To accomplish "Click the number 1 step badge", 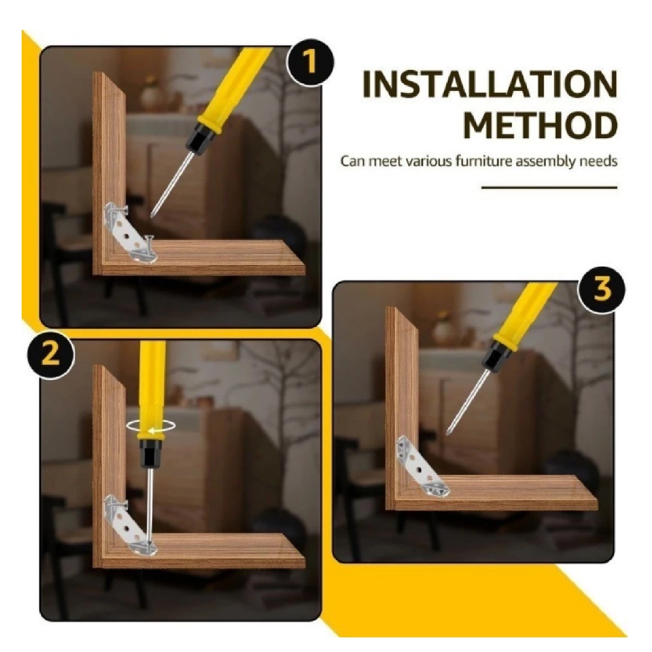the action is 310,62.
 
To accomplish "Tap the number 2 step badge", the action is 51,355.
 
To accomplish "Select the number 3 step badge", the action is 601,290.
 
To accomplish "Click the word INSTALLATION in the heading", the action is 490,85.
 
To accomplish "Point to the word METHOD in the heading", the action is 541,125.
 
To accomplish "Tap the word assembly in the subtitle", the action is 546,162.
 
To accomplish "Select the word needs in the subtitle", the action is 598,161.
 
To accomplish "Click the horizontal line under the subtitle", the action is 549,188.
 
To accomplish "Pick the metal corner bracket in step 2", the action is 130,525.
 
